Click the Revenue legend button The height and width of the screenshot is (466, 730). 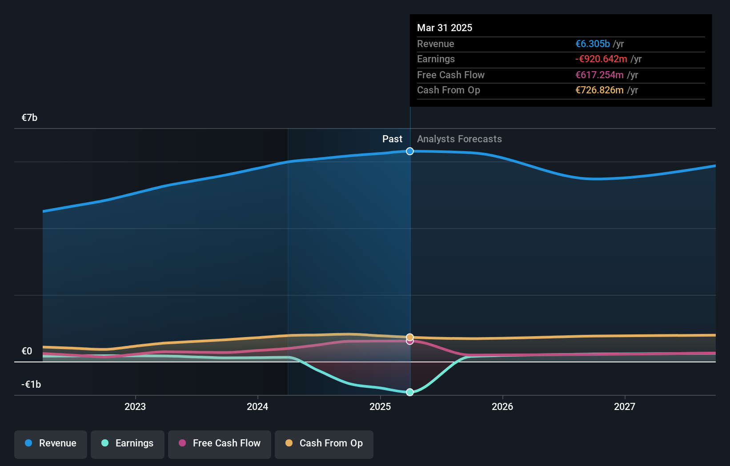51,444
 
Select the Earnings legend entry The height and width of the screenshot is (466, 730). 128,444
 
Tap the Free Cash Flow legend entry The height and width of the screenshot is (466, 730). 220,444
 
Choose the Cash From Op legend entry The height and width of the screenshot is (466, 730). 324,444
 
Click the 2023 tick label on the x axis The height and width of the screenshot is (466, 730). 135,407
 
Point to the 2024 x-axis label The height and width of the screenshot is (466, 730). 257,407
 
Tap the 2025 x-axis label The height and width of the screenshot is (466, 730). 380,407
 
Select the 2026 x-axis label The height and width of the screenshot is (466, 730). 502,407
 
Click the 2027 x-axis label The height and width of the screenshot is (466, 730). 625,407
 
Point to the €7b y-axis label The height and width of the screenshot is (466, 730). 30,118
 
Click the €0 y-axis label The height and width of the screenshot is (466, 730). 27,351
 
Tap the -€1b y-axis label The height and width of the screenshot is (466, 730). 31,385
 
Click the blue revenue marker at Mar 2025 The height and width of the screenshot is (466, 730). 410,151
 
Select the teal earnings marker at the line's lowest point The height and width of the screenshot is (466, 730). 410,392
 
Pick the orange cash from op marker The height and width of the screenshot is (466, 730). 410,337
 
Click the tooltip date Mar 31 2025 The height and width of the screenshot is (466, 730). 445,28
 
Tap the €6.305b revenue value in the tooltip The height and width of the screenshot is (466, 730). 593,44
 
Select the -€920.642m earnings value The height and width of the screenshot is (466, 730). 601,59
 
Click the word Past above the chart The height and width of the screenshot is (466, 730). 392,139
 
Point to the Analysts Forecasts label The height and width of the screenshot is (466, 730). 459,139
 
